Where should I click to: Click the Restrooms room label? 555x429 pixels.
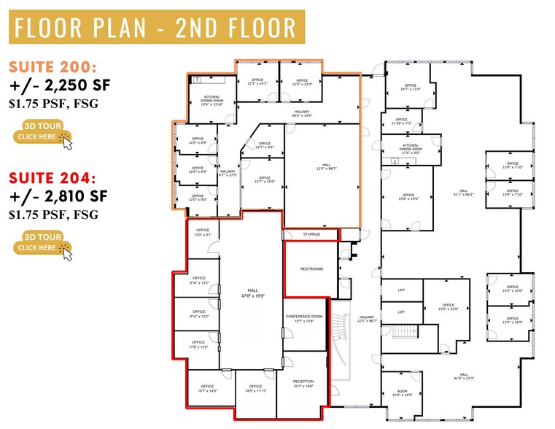(x=311, y=269)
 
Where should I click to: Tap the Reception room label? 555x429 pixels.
(x=303, y=384)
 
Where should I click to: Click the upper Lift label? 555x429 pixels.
(x=401, y=290)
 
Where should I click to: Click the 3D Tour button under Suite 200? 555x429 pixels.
(x=44, y=136)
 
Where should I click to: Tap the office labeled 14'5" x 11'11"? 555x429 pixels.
(x=255, y=388)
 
